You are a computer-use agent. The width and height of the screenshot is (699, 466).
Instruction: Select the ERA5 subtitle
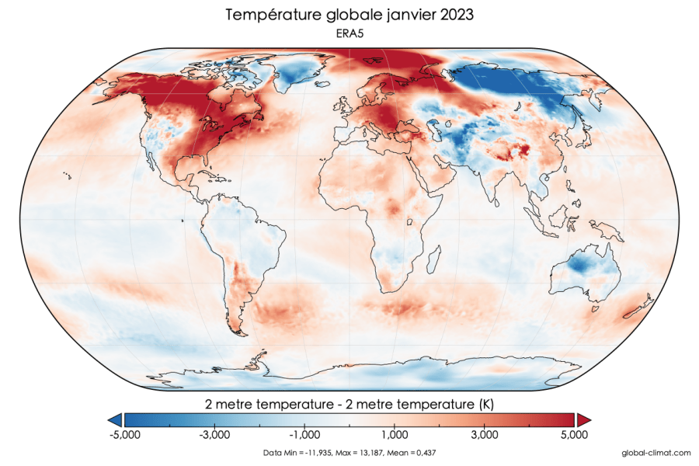[x=349, y=34]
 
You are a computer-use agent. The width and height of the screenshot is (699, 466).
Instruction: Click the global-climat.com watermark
[x=656, y=452]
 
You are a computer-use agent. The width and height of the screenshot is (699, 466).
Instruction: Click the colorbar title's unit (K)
[x=484, y=404]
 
